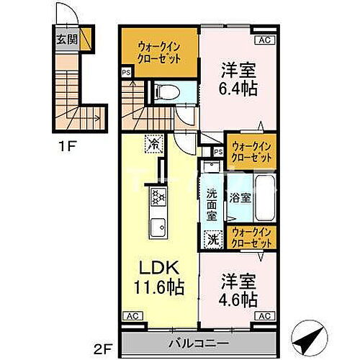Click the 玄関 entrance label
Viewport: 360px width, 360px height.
click(x=65, y=38)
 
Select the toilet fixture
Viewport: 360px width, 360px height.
click(x=163, y=91)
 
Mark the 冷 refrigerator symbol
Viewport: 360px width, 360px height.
click(x=153, y=143)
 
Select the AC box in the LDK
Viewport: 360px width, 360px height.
click(x=131, y=315)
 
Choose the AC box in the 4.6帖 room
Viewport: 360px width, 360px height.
click(x=264, y=315)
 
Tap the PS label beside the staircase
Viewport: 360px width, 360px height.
click(x=126, y=72)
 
